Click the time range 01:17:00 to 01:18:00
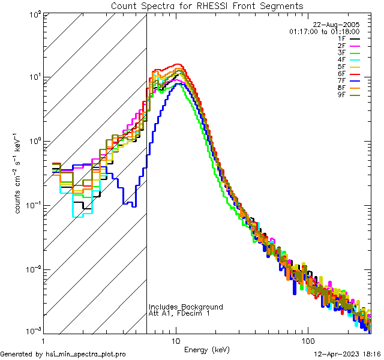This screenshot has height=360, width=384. (324, 31)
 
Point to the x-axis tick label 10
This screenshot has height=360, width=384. (176, 340)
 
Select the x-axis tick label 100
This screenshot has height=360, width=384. (308, 340)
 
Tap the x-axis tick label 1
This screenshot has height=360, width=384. (44, 340)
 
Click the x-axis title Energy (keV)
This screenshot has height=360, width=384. (207, 349)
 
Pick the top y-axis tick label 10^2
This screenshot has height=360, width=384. (32, 13)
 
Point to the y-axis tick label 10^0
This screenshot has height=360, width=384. (32, 141)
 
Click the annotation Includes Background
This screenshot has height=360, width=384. (186, 307)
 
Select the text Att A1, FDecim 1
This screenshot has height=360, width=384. (180, 313)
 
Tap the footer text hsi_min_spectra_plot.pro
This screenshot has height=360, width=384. (86, 354)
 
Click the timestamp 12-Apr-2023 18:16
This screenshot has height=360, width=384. (348, 354)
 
